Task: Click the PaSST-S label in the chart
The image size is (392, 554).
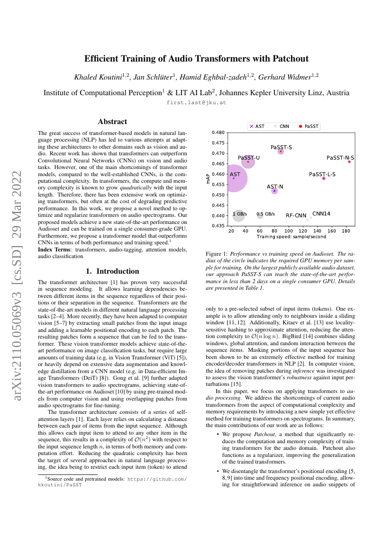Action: [x=281, y=147]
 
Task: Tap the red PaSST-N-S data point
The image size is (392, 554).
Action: [x=349, y=161]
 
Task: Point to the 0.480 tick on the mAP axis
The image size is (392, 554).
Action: [x=218, y=133]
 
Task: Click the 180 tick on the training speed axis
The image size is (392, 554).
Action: [x=346, y=231]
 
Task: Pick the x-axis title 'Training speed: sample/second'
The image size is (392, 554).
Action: [x=291, y=236]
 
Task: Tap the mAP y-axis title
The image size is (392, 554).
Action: [x=208, y=179]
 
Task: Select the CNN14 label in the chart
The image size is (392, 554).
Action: [x=321, y=214]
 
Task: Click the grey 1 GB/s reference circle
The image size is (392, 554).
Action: [x=239, y=215]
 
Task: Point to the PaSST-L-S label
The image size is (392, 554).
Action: [x=322, y=174]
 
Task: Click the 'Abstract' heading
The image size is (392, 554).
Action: [x=112, y=122]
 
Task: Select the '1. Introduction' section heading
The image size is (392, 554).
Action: [x=112, y=271]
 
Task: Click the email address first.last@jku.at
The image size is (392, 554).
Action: [x=196, y=102]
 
